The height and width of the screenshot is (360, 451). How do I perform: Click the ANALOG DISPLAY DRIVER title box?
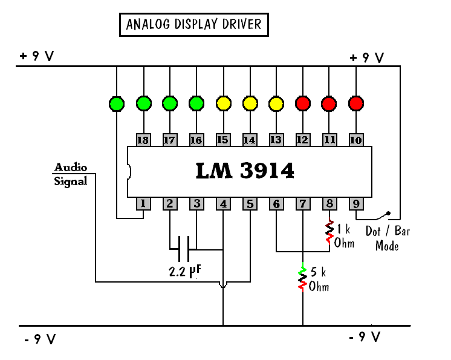(x=193, y=25)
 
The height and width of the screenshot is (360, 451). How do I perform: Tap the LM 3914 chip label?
(x=245, y=171)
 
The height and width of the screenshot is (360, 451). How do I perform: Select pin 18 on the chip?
(x=143, y=140)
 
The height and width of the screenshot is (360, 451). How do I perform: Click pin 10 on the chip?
(x=355, y=140)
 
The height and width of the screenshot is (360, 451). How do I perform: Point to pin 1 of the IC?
(x=143, y=204)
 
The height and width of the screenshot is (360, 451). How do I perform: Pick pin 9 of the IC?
(x=355, y=204)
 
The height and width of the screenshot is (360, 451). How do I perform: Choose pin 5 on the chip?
(x=250, y=204)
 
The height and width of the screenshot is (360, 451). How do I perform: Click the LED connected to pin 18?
(x=143, y=103)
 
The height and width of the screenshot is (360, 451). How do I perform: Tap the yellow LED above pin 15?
(x=223, y=103)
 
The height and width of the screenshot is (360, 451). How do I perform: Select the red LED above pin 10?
(x=355, y=103)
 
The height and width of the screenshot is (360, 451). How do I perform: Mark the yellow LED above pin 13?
(x=276, y=103)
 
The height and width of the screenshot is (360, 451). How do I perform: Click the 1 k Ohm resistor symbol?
(x=329, y=230)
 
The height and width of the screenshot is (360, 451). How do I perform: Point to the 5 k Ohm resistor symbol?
(x=302, y=278)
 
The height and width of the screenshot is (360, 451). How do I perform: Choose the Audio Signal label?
(x=71, y=174)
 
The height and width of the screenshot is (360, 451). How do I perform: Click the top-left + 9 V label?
(x=37, y=56)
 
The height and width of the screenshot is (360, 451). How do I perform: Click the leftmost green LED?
(x=117, y=103)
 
